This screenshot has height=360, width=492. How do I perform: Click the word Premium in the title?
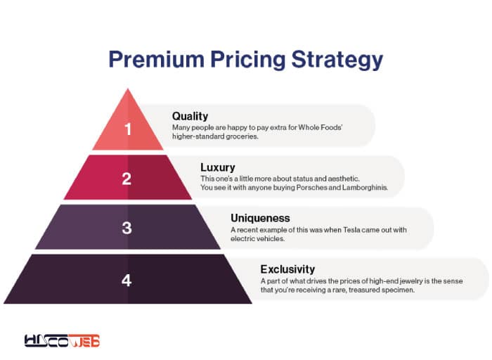click(x=156, y=59)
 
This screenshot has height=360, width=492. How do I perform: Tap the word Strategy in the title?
click(x=337, y=60)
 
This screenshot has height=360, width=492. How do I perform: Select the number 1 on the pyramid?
click(x=128, y=129)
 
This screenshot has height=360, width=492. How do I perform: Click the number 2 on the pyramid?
click(x=127, y=179)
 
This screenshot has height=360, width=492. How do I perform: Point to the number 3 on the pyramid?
click(x=127, y=228)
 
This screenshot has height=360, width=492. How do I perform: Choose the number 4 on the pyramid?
click(x=127, y=280)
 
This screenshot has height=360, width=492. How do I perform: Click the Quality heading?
click(x=190, y=117)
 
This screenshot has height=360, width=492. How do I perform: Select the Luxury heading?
click(x=218, y=167)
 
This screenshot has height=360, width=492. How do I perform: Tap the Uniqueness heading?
click(x=260, y=218)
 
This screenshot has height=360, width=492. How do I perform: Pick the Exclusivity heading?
click(x=287, y=269)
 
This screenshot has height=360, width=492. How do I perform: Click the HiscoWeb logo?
click(x=62, y=340)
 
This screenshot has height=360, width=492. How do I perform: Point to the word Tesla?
click(x=351, y=230)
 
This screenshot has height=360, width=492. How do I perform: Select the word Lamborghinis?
click(x=365, y=188)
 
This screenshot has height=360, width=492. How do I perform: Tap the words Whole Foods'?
click(x=320, y=127)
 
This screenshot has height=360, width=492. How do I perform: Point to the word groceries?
click(x=242, y=136)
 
